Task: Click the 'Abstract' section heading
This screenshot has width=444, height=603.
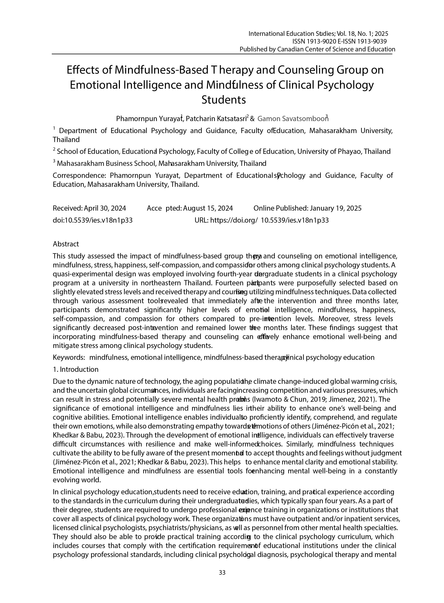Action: click(66, 244)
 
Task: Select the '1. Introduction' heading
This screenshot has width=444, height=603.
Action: click(76, 369)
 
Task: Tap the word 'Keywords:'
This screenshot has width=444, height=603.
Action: click(69, 357)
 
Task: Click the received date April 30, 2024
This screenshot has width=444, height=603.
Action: click(105, 208)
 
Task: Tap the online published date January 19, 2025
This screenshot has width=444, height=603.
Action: click(336, 208)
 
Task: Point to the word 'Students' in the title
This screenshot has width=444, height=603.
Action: click(224, 100)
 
